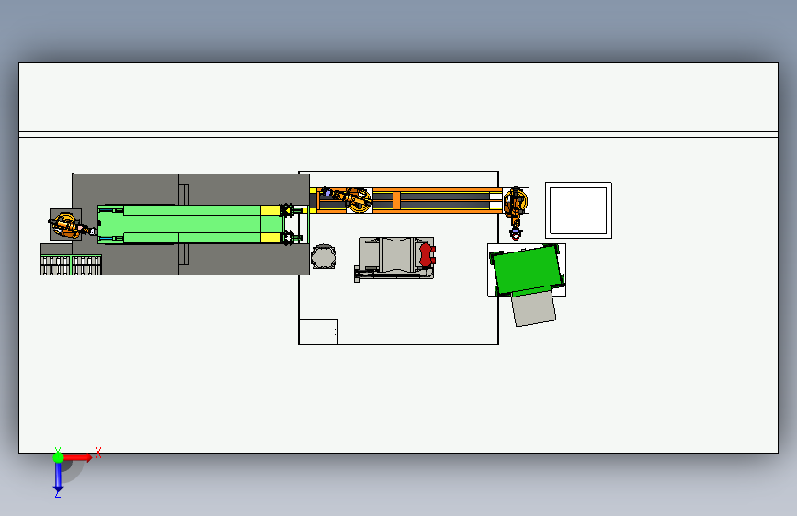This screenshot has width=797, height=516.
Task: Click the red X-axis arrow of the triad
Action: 78,456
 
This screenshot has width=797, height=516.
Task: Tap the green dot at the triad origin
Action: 58,456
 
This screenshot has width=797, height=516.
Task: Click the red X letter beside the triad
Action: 97,453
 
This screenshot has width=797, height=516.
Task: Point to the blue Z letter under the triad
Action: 58,493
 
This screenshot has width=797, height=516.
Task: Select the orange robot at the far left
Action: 65,224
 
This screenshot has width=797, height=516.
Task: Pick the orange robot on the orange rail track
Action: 357,198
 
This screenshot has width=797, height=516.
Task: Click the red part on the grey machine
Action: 426,254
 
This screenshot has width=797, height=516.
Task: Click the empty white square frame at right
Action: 578,210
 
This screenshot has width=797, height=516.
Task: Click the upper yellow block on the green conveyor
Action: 271,210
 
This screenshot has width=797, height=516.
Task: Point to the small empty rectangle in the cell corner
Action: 318,331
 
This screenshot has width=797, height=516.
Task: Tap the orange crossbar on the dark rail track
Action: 396,199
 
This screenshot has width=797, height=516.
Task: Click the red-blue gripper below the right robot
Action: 515,232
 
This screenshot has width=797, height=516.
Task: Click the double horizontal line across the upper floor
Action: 398,134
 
